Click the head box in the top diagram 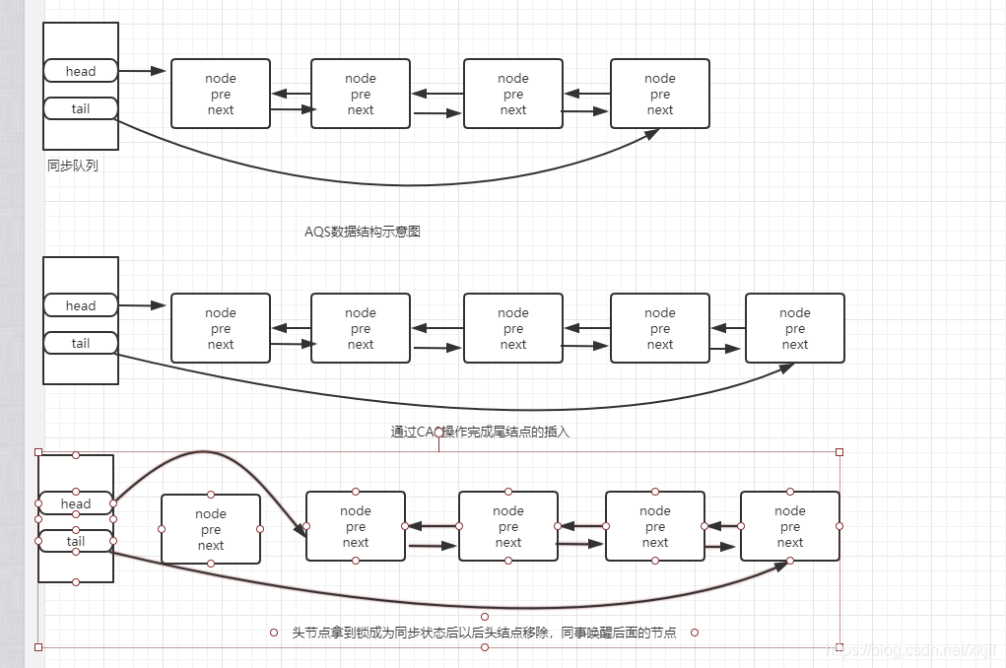(x=81, y=71)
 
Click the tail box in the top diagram (x=81, y=108)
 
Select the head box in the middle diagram (x=81, y=305)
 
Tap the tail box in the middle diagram (x=81, y=343)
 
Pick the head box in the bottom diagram (x=76, y=503)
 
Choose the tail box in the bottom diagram (x=76, y=541)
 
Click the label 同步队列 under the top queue (x=73, y=166)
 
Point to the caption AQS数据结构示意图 (x=363, y=232)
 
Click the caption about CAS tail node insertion (x=480, y=432)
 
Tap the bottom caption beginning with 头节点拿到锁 (x=484, y=633)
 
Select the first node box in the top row (x=221, y=94)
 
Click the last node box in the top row (x=659, y=94)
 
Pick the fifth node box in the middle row (x=794, y=328)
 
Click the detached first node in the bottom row (x=211, y=529)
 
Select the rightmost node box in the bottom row (x=789, y=526)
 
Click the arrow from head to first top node (x=143, y=71)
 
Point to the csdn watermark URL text (x=911, y=651)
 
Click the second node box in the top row (x=360, y=94)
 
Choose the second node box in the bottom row (x=356, y=526)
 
